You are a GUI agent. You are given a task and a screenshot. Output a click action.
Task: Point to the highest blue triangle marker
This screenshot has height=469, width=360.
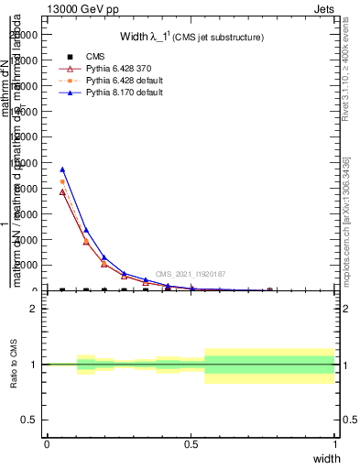point(62,169)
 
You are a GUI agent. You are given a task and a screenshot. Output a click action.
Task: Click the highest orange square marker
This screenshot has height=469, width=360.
point(62,181)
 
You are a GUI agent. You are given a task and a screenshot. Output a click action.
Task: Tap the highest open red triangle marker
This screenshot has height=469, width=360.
point(62,192)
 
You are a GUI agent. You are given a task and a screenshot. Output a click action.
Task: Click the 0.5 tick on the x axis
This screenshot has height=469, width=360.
point(191,444)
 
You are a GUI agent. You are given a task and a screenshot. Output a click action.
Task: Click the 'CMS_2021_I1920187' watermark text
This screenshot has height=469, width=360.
point(191,273)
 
